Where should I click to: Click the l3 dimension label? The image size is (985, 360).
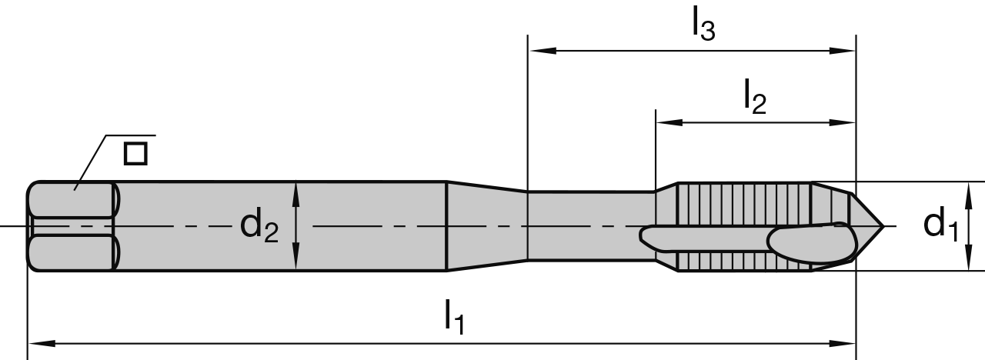coord(703,26)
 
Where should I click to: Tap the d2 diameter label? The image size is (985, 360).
coord(259,225)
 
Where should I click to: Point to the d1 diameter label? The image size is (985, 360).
coord(941,225)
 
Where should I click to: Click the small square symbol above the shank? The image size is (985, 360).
coord(135,153)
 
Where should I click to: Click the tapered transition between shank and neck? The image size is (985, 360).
coord(486,226)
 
